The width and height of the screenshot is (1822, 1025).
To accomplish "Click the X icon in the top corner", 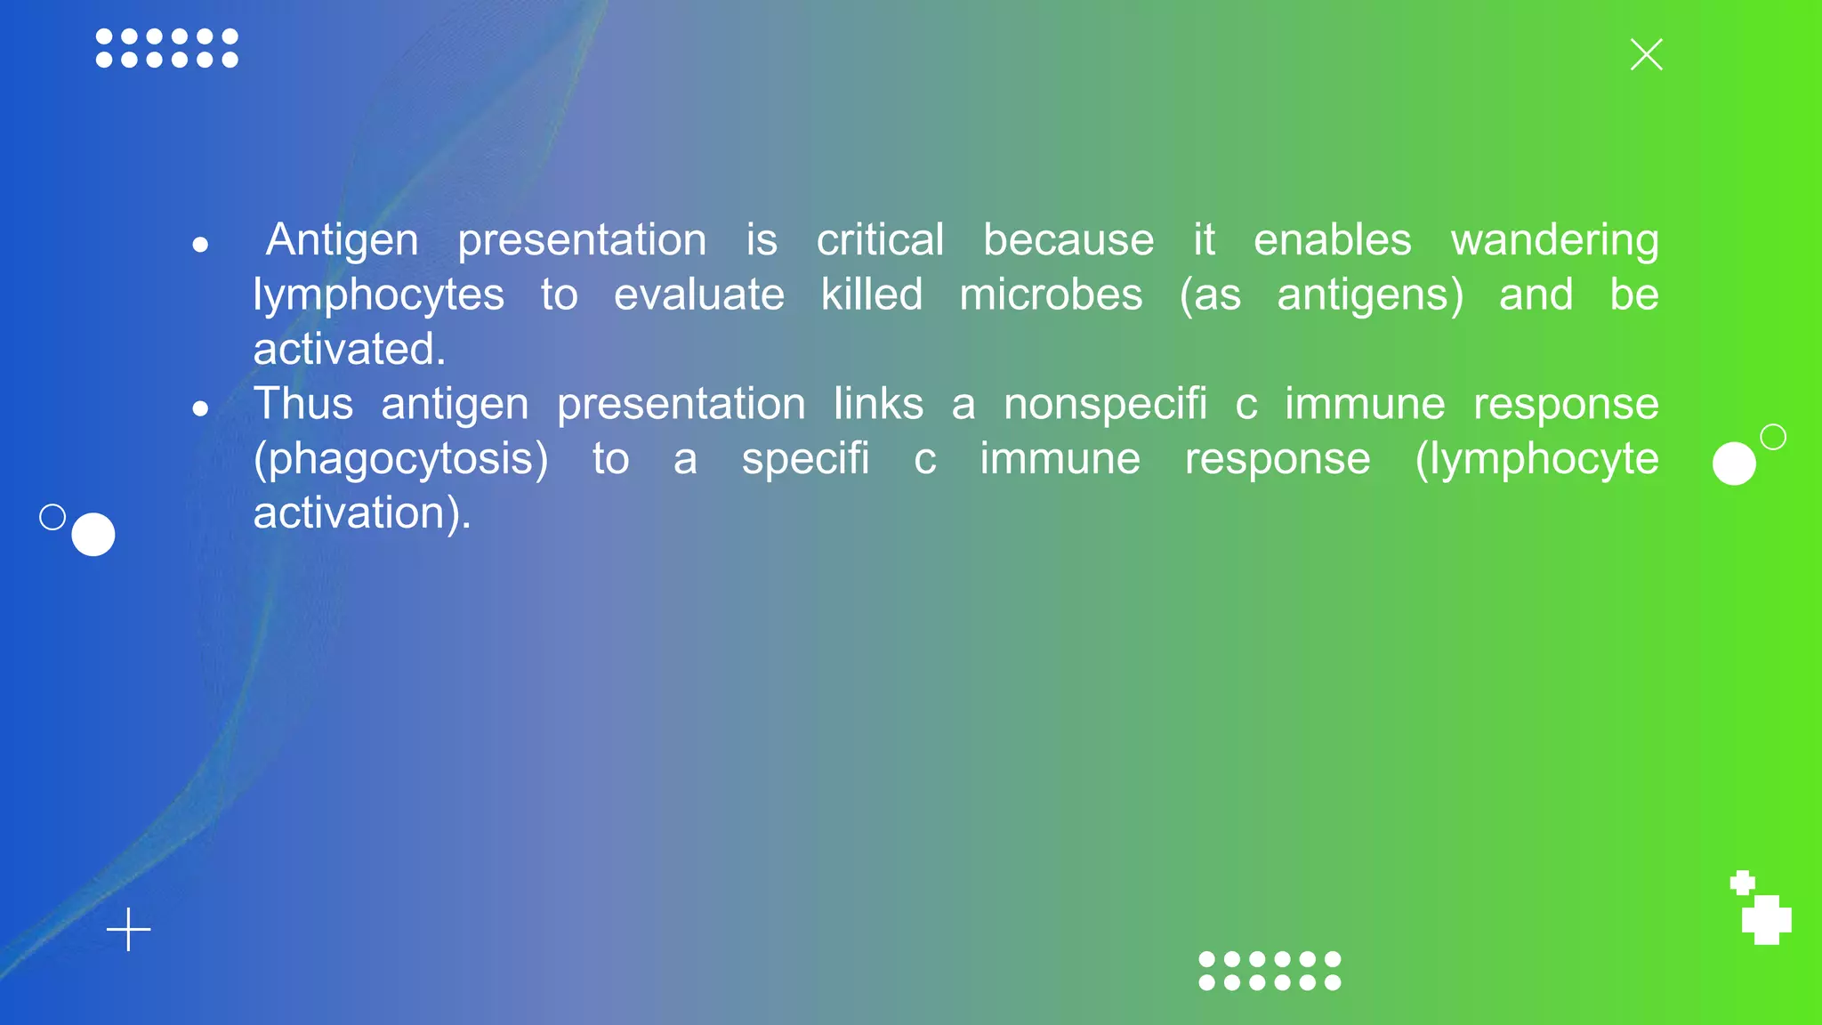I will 1646,54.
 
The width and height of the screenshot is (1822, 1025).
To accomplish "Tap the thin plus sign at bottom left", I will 129,930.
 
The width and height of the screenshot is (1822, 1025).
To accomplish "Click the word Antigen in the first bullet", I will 343,240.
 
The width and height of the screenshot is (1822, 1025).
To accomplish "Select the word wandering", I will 1554,240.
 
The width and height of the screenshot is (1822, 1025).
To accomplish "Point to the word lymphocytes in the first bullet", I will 378,295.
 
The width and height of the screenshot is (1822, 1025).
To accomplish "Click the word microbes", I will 1051,295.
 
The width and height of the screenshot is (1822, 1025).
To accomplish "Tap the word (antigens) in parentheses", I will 1370,295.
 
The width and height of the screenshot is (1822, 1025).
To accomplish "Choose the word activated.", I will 349,349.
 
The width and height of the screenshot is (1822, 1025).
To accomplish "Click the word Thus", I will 303,404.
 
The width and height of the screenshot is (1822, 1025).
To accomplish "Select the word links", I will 878,404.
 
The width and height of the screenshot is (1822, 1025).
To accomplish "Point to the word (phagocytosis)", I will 401,459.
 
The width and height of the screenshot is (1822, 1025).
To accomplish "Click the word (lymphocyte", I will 1536,459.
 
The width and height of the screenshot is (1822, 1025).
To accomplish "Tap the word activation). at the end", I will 362,513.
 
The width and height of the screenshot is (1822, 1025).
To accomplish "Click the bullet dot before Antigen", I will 200,244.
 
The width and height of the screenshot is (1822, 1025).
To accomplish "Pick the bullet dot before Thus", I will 200,408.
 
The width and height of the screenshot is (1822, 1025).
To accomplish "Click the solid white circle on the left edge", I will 93,535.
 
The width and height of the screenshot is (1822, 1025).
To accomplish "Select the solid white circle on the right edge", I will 1734,464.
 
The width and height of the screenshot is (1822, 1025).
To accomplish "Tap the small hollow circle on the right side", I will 1773,437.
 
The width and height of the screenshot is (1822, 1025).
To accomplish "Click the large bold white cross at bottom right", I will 1766,920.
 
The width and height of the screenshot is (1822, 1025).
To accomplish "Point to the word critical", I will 880,240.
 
